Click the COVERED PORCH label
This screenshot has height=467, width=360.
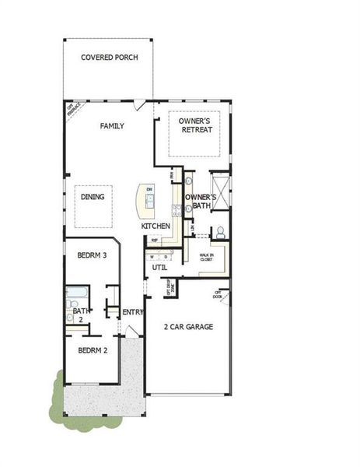109,58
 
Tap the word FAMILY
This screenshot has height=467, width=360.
112,125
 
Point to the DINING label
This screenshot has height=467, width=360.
93,197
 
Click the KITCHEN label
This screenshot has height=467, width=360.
156,226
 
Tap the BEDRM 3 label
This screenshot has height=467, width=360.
92,255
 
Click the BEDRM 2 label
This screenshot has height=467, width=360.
93,350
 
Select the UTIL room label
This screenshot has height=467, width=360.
160,267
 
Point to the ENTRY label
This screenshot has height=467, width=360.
133,313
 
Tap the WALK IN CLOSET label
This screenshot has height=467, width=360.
206,258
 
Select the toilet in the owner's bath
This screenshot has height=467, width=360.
220,231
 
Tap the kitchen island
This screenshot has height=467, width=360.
146,201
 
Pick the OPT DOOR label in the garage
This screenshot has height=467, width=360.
218,294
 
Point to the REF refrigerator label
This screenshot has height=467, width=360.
155,241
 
